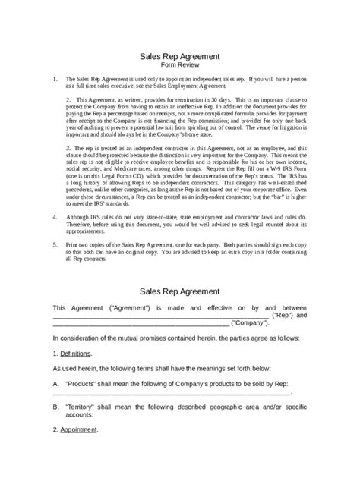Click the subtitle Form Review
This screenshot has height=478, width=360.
pos(179,65)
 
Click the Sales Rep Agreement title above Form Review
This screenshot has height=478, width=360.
pos(179,57)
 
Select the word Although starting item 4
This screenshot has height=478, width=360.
pos(78,216)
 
